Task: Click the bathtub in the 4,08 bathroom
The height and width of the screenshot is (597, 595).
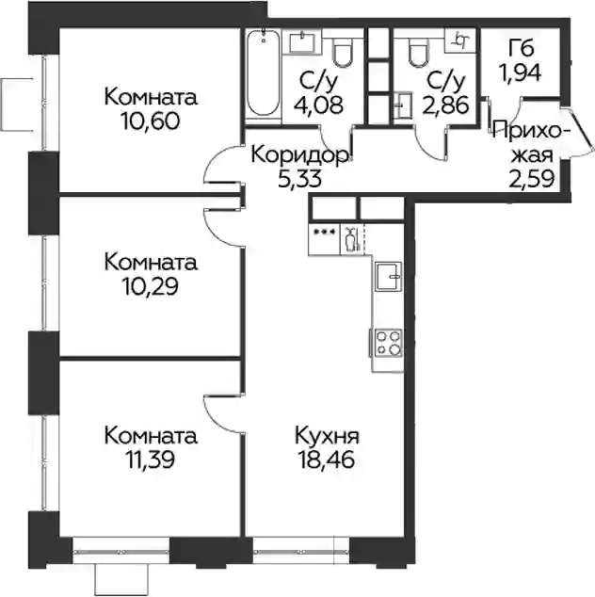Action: [x=263, y=73]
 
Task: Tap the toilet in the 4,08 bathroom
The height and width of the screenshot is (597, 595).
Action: [x=343, y=53]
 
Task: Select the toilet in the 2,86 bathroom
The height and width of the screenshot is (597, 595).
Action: [x=418, y=53]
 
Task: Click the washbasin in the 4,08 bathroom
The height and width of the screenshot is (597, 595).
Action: [x=302, y=41]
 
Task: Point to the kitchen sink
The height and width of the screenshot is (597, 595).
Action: [x=388, y=277]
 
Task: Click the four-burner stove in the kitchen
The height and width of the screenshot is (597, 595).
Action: [x=388, y=343]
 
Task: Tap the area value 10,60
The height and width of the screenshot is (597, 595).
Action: [x=151, y=121]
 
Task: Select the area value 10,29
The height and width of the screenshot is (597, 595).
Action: [x=150, y=286]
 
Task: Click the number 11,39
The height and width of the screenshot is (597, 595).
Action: [x=150, y=460]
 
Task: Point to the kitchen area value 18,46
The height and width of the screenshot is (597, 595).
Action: [x=327, y=460]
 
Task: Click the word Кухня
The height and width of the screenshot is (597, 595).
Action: [x=327, y=436]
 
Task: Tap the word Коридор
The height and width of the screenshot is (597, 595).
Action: [x=300, y=155]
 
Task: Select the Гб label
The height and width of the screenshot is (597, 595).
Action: [x=521, y=47]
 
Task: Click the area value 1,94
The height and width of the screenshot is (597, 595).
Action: [x=521, y=72]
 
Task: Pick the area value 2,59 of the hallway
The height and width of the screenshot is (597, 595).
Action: [x=531, y=179]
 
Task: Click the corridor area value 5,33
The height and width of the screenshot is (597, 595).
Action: [x=300, y=179]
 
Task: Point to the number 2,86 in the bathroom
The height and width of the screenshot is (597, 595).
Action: [x=445, y=105]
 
